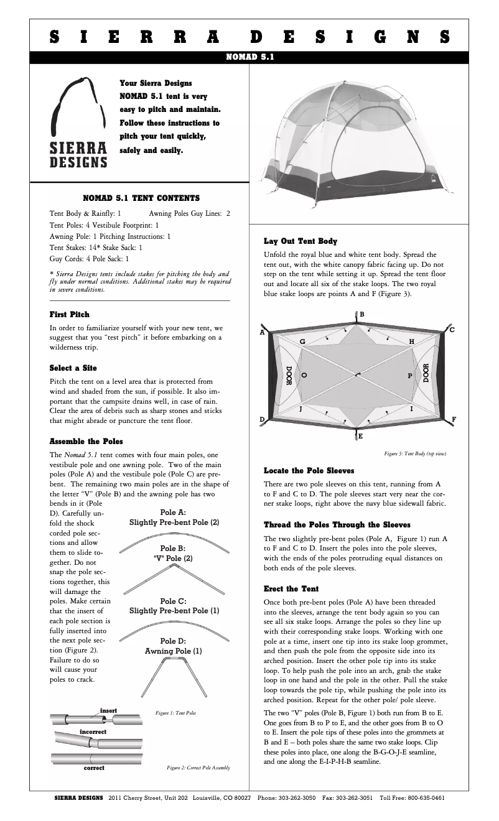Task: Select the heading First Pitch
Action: [69, 315]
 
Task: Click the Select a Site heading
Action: [73, 368]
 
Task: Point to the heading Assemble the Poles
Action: [86, 442]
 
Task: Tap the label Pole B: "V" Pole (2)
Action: [172, 554]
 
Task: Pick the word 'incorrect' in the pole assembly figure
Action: [92, 732]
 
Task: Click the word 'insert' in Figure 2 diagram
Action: [108, 710]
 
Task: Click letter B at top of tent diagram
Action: [361, 314]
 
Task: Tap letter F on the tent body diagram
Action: [454, 419]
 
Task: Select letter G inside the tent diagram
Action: [302, 342]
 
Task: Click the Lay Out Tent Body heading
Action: [301, 241]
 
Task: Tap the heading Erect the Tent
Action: [291, 588]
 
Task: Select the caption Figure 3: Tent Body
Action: [415, 453]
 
